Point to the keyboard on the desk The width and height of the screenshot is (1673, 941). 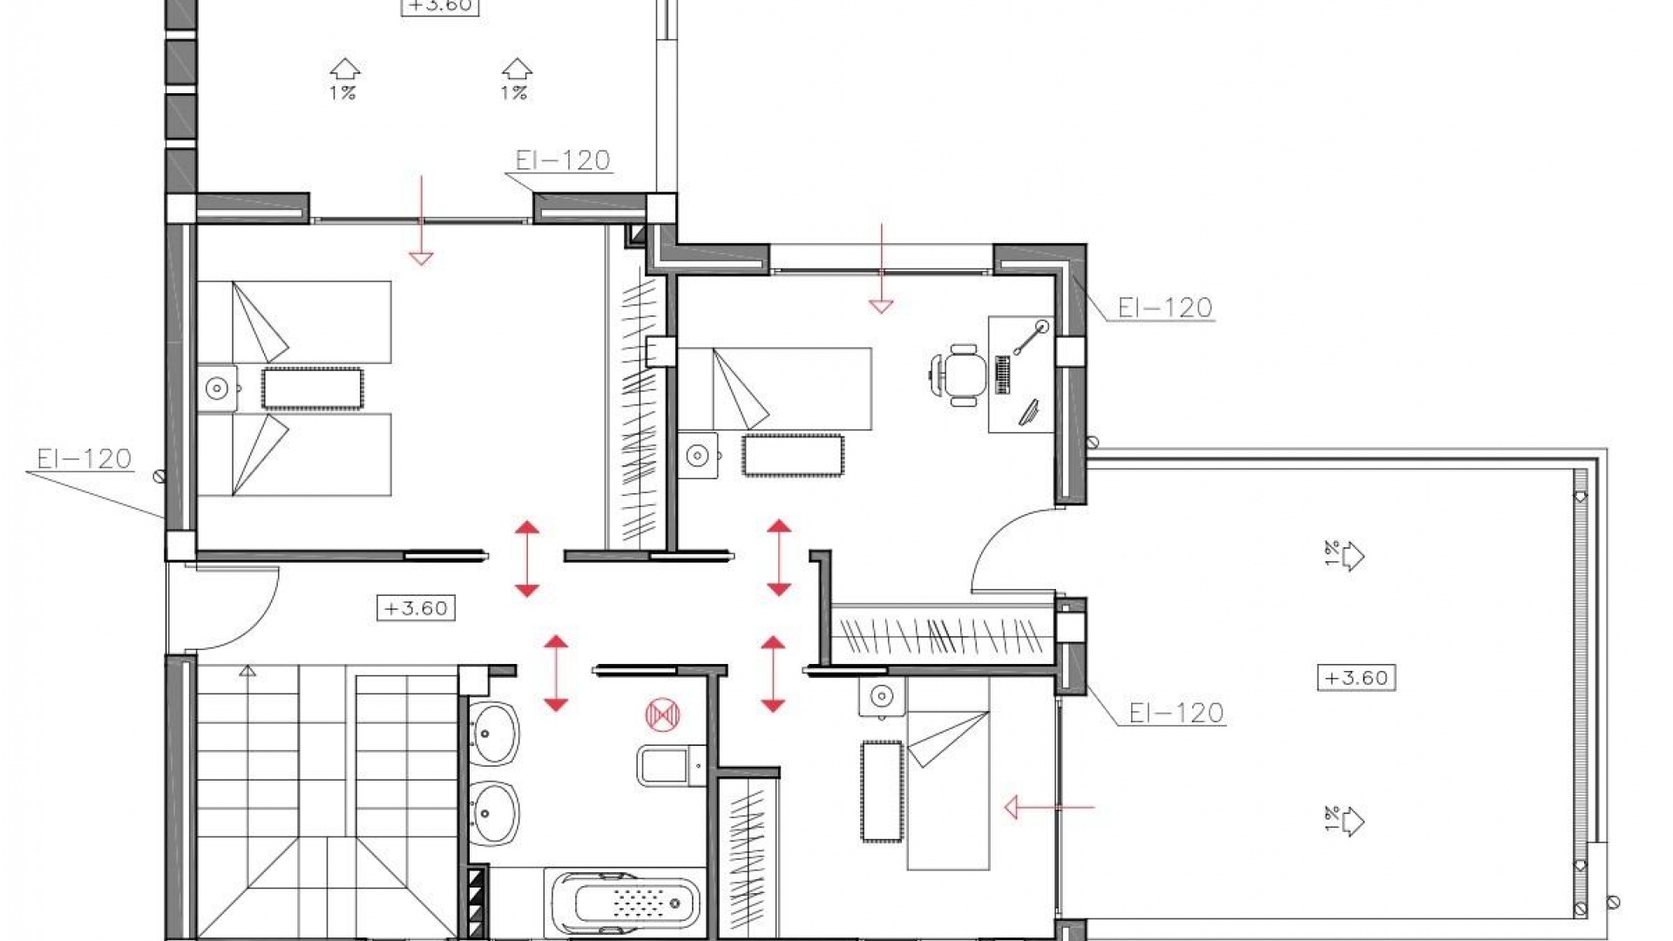(x=1003, y=375)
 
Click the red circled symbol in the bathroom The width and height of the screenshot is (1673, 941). (x=662, y=714)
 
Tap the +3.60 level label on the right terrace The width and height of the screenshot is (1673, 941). (x=1356, y=678)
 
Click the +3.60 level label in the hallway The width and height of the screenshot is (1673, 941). (x=416, y=608)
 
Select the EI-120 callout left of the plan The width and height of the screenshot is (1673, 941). (x=84, y=459)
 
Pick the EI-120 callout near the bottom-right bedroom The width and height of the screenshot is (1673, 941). (x=1175, y=714)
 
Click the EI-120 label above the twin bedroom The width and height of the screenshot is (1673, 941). (x=562, y=160)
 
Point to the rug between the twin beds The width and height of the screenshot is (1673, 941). (x=312, y=389)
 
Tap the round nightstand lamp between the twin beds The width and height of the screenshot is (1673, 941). (x=216, y=389)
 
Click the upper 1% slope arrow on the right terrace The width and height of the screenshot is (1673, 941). (x=1345, y=554)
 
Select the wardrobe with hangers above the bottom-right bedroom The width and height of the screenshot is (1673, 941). (x=941, y=636)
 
